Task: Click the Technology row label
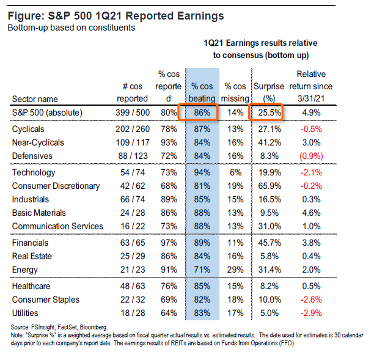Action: click(x=34, y=174)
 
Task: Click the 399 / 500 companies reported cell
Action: click(x=133, y=113)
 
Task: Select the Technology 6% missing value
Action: click(x=235, y=174)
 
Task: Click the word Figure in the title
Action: click(x=28, y=15)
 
